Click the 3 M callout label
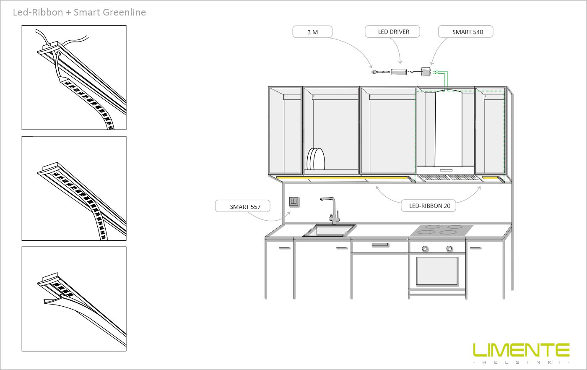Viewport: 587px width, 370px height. (x=312, y=32)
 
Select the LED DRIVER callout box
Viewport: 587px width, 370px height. (x=393, y=31)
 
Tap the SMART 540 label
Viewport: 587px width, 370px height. (x=466, y=32)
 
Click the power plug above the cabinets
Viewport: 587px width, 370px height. (x=374, y=73)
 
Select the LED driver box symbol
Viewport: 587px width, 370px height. (x=399, y=72)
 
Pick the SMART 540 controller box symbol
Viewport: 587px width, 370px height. (x=426, y=72)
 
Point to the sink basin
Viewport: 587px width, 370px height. (x=330, y=230)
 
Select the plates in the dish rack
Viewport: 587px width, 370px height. (x=316, y=160)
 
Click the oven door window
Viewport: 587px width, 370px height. (x=437, y=270)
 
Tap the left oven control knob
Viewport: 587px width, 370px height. (x=425, y=248)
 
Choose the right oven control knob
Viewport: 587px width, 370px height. (x=449, y=248)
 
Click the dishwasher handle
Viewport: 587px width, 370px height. (x=380, y=244)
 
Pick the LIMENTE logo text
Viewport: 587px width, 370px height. (x=521, y=350)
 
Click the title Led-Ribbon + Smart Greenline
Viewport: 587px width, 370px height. (x=79, y=12)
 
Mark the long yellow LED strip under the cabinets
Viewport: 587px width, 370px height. (x=344, y=179)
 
